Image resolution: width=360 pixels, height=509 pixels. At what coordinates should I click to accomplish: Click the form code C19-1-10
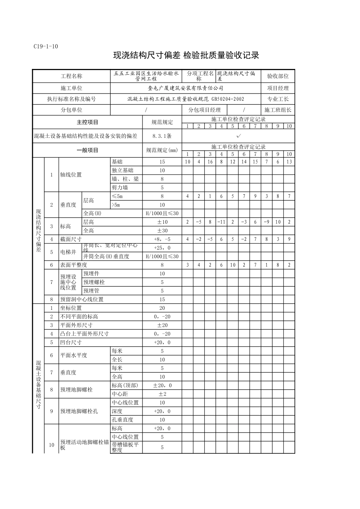45,47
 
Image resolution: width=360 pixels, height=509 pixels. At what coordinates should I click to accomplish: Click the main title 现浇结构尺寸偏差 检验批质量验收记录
186,56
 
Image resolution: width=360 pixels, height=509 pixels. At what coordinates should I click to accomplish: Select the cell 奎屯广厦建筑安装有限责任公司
185,88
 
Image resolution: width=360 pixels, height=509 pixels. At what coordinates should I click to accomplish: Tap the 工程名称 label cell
71,76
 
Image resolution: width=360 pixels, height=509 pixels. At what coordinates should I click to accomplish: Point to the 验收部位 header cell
278,76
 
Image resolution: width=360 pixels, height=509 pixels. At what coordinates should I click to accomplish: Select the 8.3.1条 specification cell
162,136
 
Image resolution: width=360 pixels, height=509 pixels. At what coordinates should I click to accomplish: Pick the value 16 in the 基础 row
210,162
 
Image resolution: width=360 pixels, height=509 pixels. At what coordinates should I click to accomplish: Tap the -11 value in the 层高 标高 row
221,222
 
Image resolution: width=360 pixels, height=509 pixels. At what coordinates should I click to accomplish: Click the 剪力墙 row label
120,187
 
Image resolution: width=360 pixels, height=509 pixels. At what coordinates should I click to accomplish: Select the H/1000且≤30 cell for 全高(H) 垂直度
162,213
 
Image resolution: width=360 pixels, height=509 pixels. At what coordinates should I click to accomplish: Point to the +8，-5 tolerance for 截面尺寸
162,239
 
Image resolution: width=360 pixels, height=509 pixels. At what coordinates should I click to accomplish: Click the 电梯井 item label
68,252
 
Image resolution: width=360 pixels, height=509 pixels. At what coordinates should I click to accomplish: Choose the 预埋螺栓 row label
94,282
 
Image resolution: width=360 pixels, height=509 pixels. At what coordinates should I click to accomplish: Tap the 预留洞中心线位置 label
82,299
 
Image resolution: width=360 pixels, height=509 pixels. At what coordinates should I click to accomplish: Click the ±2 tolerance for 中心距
162,394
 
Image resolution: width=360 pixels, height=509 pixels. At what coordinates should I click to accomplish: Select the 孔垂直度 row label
122,420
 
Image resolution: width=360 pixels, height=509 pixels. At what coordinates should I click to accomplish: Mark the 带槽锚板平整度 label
125,447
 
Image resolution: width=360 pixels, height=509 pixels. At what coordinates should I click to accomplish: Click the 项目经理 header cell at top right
278,88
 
